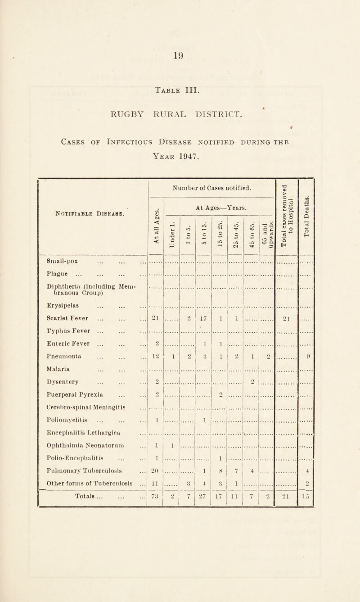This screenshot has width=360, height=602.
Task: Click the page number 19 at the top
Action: [180, 46]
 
